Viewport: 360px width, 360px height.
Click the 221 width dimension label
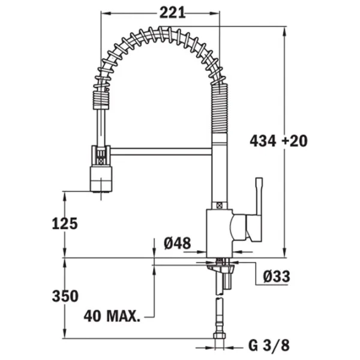[x=172, y=13]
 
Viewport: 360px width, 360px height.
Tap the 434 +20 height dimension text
[x=278, y=141]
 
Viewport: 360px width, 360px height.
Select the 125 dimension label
[x=65, y=224]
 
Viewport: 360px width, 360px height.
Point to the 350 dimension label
[x=65, y=296]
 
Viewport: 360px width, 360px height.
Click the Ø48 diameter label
[x=177, y=243]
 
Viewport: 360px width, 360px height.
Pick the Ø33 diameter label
[x=277, y=276]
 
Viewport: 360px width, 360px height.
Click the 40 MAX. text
[x=112, y=316]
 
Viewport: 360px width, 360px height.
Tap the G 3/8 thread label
[x=269, y=345]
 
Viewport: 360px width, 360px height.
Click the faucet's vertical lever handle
[x=259, y=209]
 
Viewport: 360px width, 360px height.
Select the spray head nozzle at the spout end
[x=101, y=179]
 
